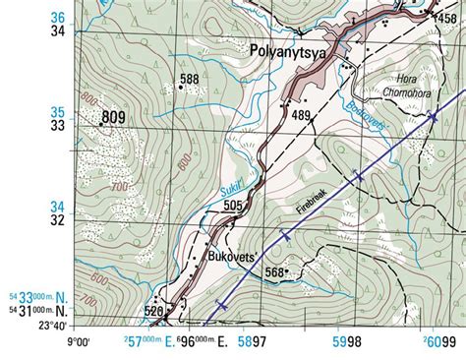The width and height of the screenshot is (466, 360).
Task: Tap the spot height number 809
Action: [x=114, y=118]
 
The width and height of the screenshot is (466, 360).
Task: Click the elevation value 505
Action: [x=232, y=206]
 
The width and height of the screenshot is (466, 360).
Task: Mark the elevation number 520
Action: [x=154, y=312]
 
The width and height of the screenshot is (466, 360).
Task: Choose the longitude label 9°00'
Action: [x=79, y=342]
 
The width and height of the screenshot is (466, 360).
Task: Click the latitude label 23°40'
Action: [x=53, y=326]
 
